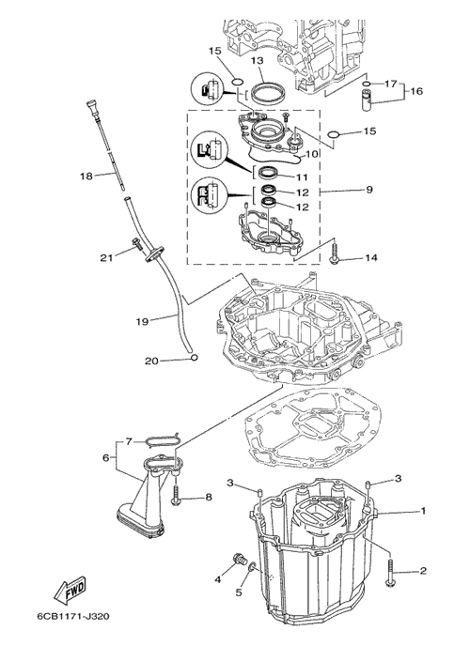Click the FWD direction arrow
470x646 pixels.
(x=70, y=589)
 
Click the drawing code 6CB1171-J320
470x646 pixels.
(x=73, y=616)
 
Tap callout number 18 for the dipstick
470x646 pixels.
(x=86, y=176)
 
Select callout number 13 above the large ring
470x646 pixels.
(x=257, y=60)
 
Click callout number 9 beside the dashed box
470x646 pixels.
(x=369, y=190)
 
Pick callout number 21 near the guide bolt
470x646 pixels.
(x=106, y=258)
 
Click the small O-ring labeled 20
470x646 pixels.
(x=195, y=357)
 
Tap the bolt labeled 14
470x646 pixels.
(x=335, y=253)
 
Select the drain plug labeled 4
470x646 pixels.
(x=240, y=559)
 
